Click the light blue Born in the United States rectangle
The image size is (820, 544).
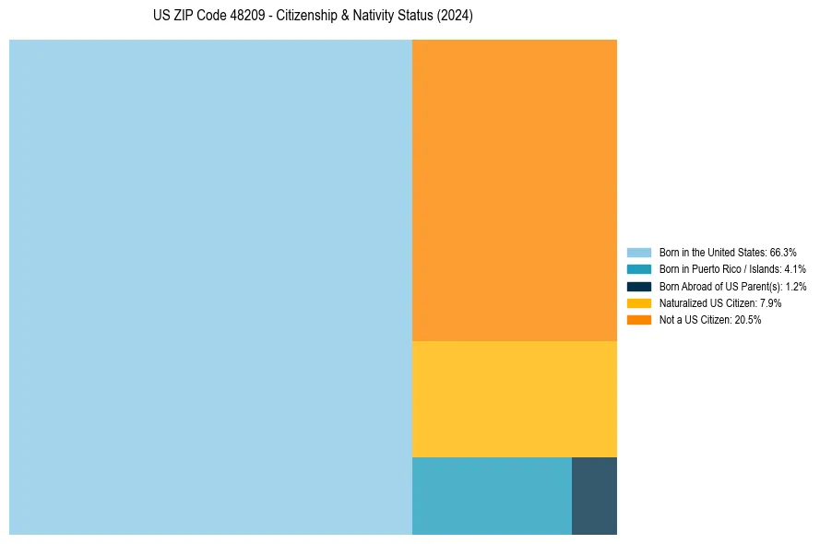coord(210,287)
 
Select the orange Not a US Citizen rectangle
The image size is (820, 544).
coord(515,190)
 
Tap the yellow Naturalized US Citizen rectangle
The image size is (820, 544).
coord(515,398)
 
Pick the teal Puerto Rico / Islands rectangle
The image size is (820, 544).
coord(492,495)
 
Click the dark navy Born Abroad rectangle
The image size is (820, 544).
coord(594,495)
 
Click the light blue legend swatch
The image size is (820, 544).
coord(639,252)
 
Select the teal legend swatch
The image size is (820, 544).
coord(639,269)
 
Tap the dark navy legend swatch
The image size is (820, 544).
coord(639,286)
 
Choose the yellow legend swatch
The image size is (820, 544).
coord(639,302)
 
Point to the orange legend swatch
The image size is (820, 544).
coord(639,320)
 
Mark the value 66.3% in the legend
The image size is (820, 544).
coord(783,252)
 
